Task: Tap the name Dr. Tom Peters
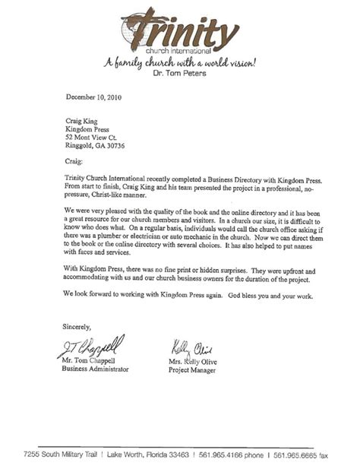(x=179, y=75)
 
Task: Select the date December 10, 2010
(x=93, y=97)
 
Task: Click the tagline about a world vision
(x=179, y=63)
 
